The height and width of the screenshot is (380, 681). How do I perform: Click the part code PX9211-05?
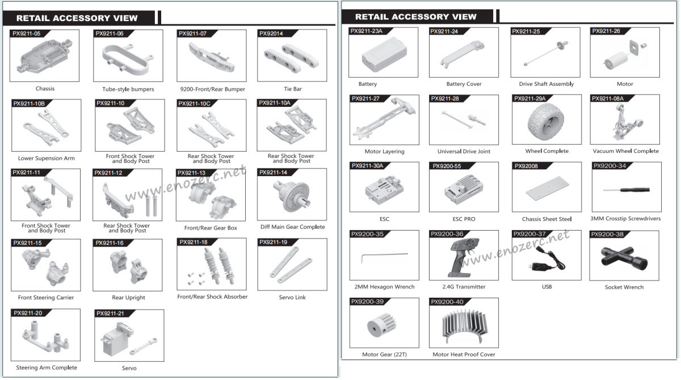27,34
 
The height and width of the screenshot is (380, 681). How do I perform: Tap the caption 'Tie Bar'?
292,89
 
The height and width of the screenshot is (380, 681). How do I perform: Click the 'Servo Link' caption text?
292,297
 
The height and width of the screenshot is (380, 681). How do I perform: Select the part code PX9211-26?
606,31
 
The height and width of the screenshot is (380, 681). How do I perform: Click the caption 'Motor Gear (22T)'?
384,354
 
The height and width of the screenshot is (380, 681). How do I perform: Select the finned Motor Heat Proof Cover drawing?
463,328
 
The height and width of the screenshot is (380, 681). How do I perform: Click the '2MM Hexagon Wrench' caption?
384,287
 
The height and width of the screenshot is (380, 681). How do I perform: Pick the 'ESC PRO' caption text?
464,219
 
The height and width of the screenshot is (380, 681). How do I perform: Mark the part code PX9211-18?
194,243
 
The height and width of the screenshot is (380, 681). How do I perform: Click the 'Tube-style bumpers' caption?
128,89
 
